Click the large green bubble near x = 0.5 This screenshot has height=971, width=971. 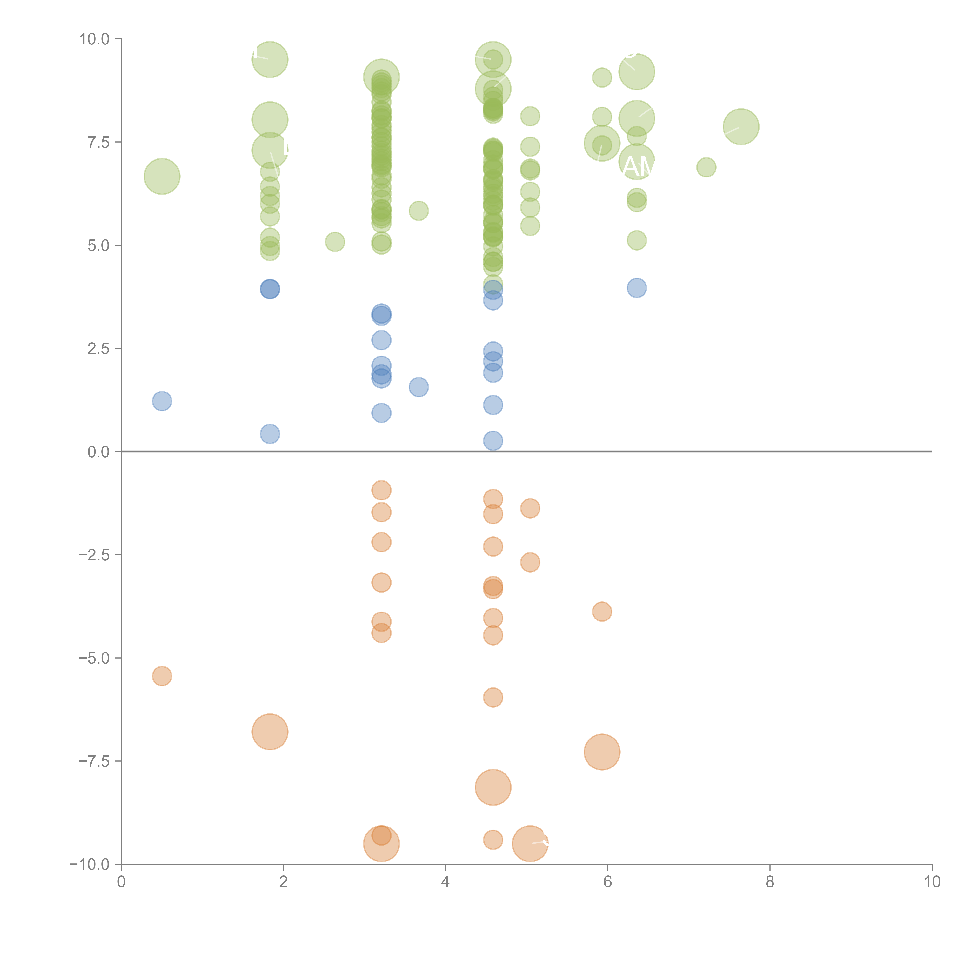(162, 176)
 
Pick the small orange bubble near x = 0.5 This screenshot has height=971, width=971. (162, 676)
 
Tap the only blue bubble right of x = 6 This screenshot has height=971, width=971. (637, 288)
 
